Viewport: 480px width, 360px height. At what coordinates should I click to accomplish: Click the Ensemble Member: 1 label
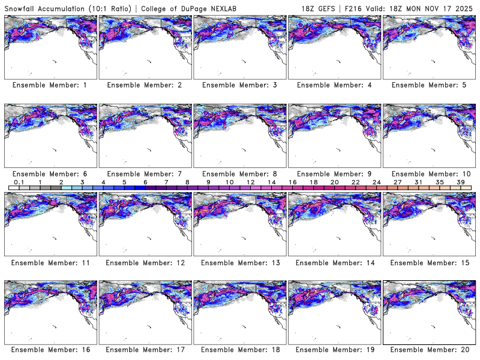coord(50,85)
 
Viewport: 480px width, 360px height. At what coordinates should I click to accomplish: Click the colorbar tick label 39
coord(461,182)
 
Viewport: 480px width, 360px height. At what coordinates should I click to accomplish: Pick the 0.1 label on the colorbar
coord(19,182)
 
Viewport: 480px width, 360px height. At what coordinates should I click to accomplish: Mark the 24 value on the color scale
coord(377,182)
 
